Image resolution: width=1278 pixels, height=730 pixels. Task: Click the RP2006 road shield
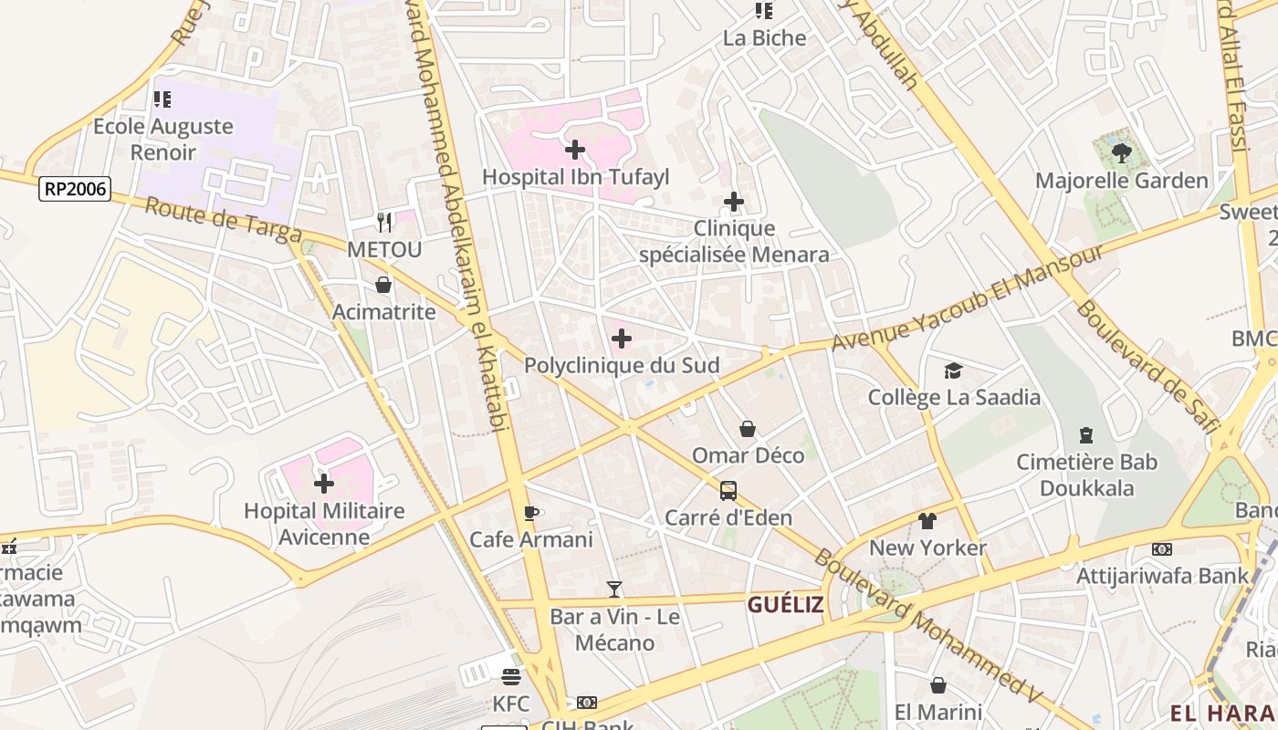[75, 190]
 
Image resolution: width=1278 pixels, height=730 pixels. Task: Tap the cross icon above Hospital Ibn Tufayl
[575, 150]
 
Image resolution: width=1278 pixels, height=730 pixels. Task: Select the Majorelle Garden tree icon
[1122, 153]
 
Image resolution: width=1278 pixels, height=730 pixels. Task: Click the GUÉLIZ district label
[786, 604]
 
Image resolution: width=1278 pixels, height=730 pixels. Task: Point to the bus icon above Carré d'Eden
[728, 491]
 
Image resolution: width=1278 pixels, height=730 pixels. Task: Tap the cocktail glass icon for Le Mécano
[614, 589]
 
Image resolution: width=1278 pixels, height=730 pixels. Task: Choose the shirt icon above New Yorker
[927, 521]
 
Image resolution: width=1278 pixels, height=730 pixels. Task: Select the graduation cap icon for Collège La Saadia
[954, 370]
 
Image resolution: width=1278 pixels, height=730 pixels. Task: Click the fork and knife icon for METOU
[384, 222]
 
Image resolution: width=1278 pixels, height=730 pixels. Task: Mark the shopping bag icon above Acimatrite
[383, 285]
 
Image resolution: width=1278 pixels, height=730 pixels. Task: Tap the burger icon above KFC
[510, 677]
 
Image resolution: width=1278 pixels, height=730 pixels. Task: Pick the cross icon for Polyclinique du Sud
[622, 339]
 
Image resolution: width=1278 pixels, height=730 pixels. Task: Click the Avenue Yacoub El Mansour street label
[968, 297]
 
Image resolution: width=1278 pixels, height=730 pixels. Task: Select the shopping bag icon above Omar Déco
[748, 429]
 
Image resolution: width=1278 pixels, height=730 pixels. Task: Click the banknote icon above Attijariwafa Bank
[1162, 549]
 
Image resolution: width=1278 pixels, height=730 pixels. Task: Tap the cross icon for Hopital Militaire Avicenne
[324, 484]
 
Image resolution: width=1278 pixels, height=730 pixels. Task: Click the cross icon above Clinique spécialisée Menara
[734, 202]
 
